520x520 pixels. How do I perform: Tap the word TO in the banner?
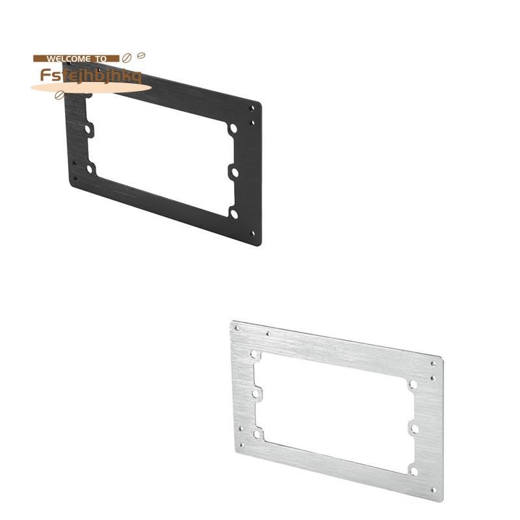click(x=101, y=58)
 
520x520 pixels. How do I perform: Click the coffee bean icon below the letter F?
click(x=60, y=95)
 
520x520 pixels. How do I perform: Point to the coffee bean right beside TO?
click(x=127, y=57)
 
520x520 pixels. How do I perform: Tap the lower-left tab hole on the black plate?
click(x=90, y=169)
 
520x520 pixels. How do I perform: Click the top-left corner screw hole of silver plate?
click(x=237, y=328)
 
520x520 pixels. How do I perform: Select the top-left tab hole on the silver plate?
click(x=254, y=355)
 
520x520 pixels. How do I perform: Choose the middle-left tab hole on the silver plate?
click(x=256, y=393)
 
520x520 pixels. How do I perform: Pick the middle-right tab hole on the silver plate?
click(x=413, y=427)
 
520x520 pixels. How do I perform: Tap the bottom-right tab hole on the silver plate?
click(x=413, y=469)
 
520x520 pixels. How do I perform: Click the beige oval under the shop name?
click(x=91, y=88)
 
